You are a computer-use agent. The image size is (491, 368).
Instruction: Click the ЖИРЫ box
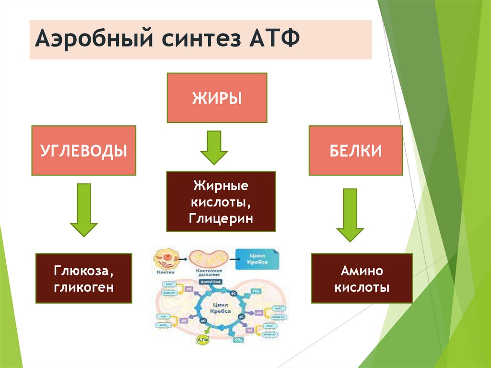pos(217,98)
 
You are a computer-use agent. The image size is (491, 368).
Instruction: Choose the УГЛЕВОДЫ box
pos(83,151)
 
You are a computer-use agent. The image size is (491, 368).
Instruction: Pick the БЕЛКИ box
pos(355,151)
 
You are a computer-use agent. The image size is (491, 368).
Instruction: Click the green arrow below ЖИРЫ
pos(214,147)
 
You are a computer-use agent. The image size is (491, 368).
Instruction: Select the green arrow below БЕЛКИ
pos(350,214)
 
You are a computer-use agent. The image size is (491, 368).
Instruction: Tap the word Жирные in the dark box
pos(221,185)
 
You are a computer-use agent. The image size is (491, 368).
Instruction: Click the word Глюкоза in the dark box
pos(83,272)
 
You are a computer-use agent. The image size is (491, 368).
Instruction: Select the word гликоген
pos(83,287)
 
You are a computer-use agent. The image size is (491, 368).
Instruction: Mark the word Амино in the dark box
pos(362,272)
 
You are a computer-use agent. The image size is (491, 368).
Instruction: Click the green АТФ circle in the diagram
pos(201,340)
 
